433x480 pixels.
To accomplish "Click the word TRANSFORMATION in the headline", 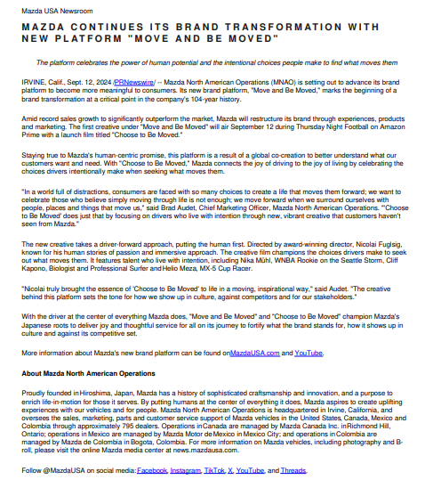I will click(x=299, y=28).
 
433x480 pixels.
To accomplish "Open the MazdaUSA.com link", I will click(x=254, y=354).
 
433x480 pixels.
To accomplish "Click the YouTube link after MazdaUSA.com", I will click(x=309, y=354).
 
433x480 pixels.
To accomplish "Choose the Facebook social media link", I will click(x=152, y=470).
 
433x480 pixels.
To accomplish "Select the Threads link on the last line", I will click(x=294, y=470).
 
